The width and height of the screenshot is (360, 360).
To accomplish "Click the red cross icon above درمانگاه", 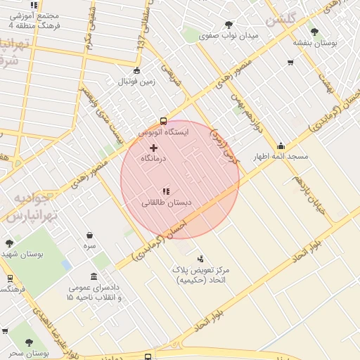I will [x=153, y=148].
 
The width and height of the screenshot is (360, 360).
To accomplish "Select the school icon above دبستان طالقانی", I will [x=166, y=191].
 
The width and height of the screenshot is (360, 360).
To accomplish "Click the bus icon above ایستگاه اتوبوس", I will [x=163, y=120].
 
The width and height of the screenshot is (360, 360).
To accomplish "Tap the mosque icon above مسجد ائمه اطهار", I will [x=281, y=146].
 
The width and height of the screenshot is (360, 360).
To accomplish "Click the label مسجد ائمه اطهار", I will [x=281, y=157].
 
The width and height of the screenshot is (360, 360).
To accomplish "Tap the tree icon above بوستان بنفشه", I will [x=314, y=32].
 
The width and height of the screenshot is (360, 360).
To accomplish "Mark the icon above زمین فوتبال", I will [x=136, y=70].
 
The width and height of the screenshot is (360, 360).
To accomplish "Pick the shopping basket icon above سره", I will [x=89, y=236].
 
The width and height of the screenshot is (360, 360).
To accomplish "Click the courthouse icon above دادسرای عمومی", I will [x=94, y=276].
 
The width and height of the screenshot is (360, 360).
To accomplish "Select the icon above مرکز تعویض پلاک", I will [x=200, y=259].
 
